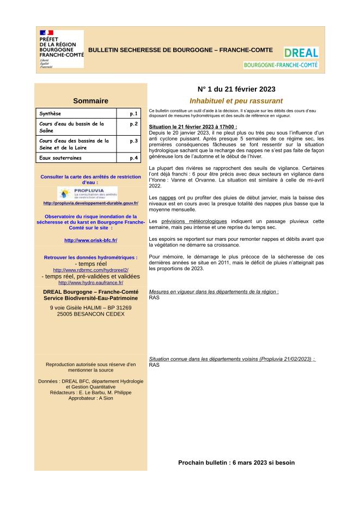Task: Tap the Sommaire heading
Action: (90, 101)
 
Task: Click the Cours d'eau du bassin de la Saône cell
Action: (76, 127)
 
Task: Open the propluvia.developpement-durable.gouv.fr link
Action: (90, 203)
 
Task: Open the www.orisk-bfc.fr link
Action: (90, 240)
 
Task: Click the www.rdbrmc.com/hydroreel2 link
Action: (90, 270)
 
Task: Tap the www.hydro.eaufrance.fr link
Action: (90, 282)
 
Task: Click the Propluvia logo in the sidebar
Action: (87, 193)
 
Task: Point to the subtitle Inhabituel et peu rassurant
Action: (236, 101)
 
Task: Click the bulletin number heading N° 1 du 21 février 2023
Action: (236, 89)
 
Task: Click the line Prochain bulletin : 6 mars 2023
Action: (236, 463)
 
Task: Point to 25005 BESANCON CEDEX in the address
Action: (90, 314)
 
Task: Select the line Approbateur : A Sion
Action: (90, 398)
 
